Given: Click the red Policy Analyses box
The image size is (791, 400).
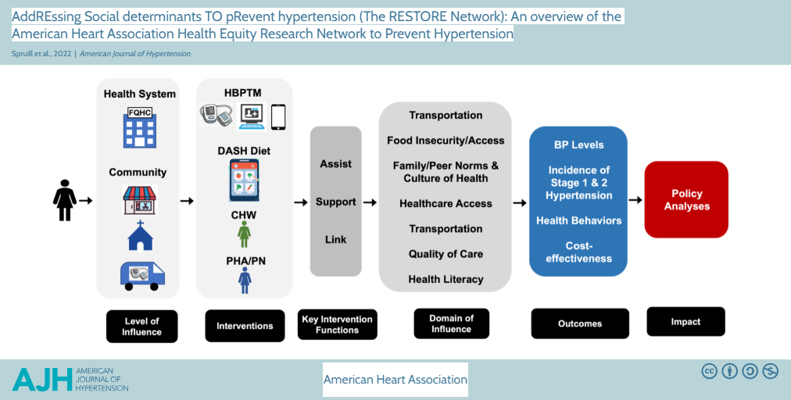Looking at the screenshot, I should [x=686, y=200].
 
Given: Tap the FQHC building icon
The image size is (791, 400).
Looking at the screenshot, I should [x=139, y=127].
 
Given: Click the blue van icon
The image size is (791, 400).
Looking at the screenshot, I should [x=141, y=275].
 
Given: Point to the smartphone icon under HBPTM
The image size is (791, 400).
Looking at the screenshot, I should [x=278, y=116].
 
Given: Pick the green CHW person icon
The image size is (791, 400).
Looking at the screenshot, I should [x=244, y=233].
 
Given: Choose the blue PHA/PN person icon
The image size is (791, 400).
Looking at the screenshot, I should [x=245, y=280].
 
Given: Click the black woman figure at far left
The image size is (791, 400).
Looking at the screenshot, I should [x=64, y=200].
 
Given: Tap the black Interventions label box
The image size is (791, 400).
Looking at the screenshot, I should [x=245, y=326].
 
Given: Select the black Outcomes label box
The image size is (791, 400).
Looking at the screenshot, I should [x=580, y=323].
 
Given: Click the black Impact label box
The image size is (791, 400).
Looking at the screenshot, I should [x=685, y=321].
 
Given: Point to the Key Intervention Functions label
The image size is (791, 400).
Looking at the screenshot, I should [x=337, y=324].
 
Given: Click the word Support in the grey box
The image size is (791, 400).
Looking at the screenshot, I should [x=336, y=202].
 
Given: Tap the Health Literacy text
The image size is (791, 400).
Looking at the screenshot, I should [x=446, y=279].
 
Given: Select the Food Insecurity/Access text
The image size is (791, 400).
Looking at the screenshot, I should [x=446, y=141].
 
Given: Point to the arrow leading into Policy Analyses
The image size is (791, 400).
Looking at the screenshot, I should [x=635, y=200].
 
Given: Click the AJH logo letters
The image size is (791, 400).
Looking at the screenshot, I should [x=42, y=379].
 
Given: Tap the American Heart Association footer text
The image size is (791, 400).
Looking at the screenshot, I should [x=395, y=380].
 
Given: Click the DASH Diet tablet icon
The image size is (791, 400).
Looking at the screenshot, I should [x=245, y=180].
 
